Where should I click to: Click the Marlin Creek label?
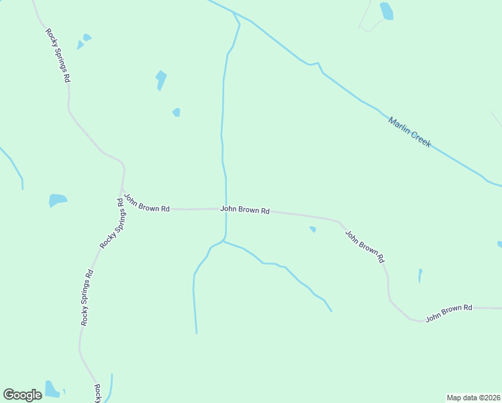coord(409,132)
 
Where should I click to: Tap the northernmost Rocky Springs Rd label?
coord(58,55)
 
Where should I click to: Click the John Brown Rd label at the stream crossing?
coord(245,210)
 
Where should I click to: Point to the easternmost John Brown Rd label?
coord(449,312)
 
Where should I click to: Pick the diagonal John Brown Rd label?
coord(364,247)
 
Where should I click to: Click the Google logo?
coord(22,395)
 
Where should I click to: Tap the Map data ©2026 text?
coord(473,397)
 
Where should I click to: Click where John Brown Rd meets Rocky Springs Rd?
coord(121,208)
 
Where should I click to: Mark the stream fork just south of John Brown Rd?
coord(223,240)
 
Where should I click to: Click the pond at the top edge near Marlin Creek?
coord(387,11)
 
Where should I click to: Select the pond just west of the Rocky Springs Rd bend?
coord(58,200)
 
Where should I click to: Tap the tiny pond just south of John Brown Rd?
coord(312,230)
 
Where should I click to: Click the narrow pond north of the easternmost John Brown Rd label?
coord(420,275)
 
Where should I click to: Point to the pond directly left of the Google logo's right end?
coord(52,389)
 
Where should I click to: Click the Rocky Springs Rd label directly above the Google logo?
coord(87,298)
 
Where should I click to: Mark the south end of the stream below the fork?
coord(196,332)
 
